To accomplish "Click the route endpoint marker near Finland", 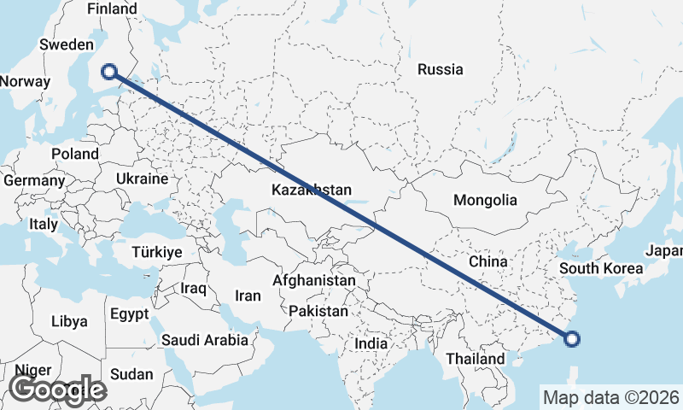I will (109, 72).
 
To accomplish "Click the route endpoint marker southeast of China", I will (572, 339).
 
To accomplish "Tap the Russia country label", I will (441, 70).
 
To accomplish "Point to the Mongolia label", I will (485, 201).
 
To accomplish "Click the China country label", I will (488, 261).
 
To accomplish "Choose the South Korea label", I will (601, 268).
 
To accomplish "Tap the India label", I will (371, 343).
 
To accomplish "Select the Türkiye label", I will (157, 252).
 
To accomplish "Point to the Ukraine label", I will (142, 179).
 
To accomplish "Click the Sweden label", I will (66, 44).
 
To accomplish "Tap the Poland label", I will (75, 154).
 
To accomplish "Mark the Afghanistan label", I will (314, 280).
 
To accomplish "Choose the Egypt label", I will (130, 313).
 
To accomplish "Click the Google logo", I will (57, 389).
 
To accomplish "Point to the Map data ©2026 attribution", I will (610, 397).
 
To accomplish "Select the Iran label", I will (248, 296).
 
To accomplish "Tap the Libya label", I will (69, 322).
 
